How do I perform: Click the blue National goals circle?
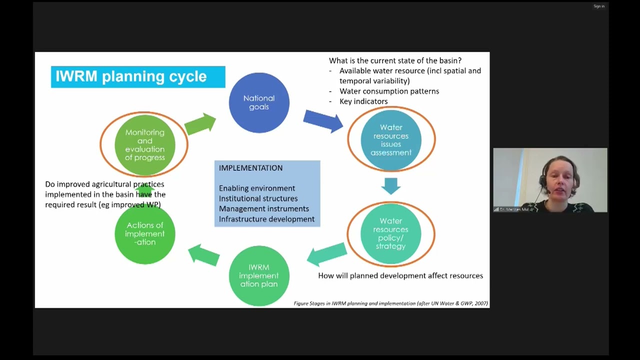click(x=259, y=102)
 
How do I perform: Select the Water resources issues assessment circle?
click(x=391, y=140)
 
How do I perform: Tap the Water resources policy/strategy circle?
click(x=391, y=233)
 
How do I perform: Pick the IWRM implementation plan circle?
click(x=259, y=275)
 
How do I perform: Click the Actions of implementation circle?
click(x=145, y=234)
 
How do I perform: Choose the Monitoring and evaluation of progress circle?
click(x=145, y=145)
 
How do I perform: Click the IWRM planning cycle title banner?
click(x=138, y=76)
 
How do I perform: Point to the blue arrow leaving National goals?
click(x=322, y=121)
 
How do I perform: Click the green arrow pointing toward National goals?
click(x=200, y=124)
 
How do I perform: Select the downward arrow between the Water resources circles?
click(x=391, y=185)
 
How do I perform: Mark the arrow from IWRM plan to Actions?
click(x=204, y=255)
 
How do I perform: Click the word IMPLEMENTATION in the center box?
click(x=250, y=168)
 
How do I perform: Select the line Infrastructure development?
click(x=266, y=219)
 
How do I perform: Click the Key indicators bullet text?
click(x=363, y=101)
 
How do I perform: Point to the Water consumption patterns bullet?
click(x=389, y=91)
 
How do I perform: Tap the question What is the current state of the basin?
click(x=395, y=60)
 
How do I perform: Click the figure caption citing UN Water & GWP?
click(x=390, y=303)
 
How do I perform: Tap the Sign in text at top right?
click(x=599, y=6)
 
